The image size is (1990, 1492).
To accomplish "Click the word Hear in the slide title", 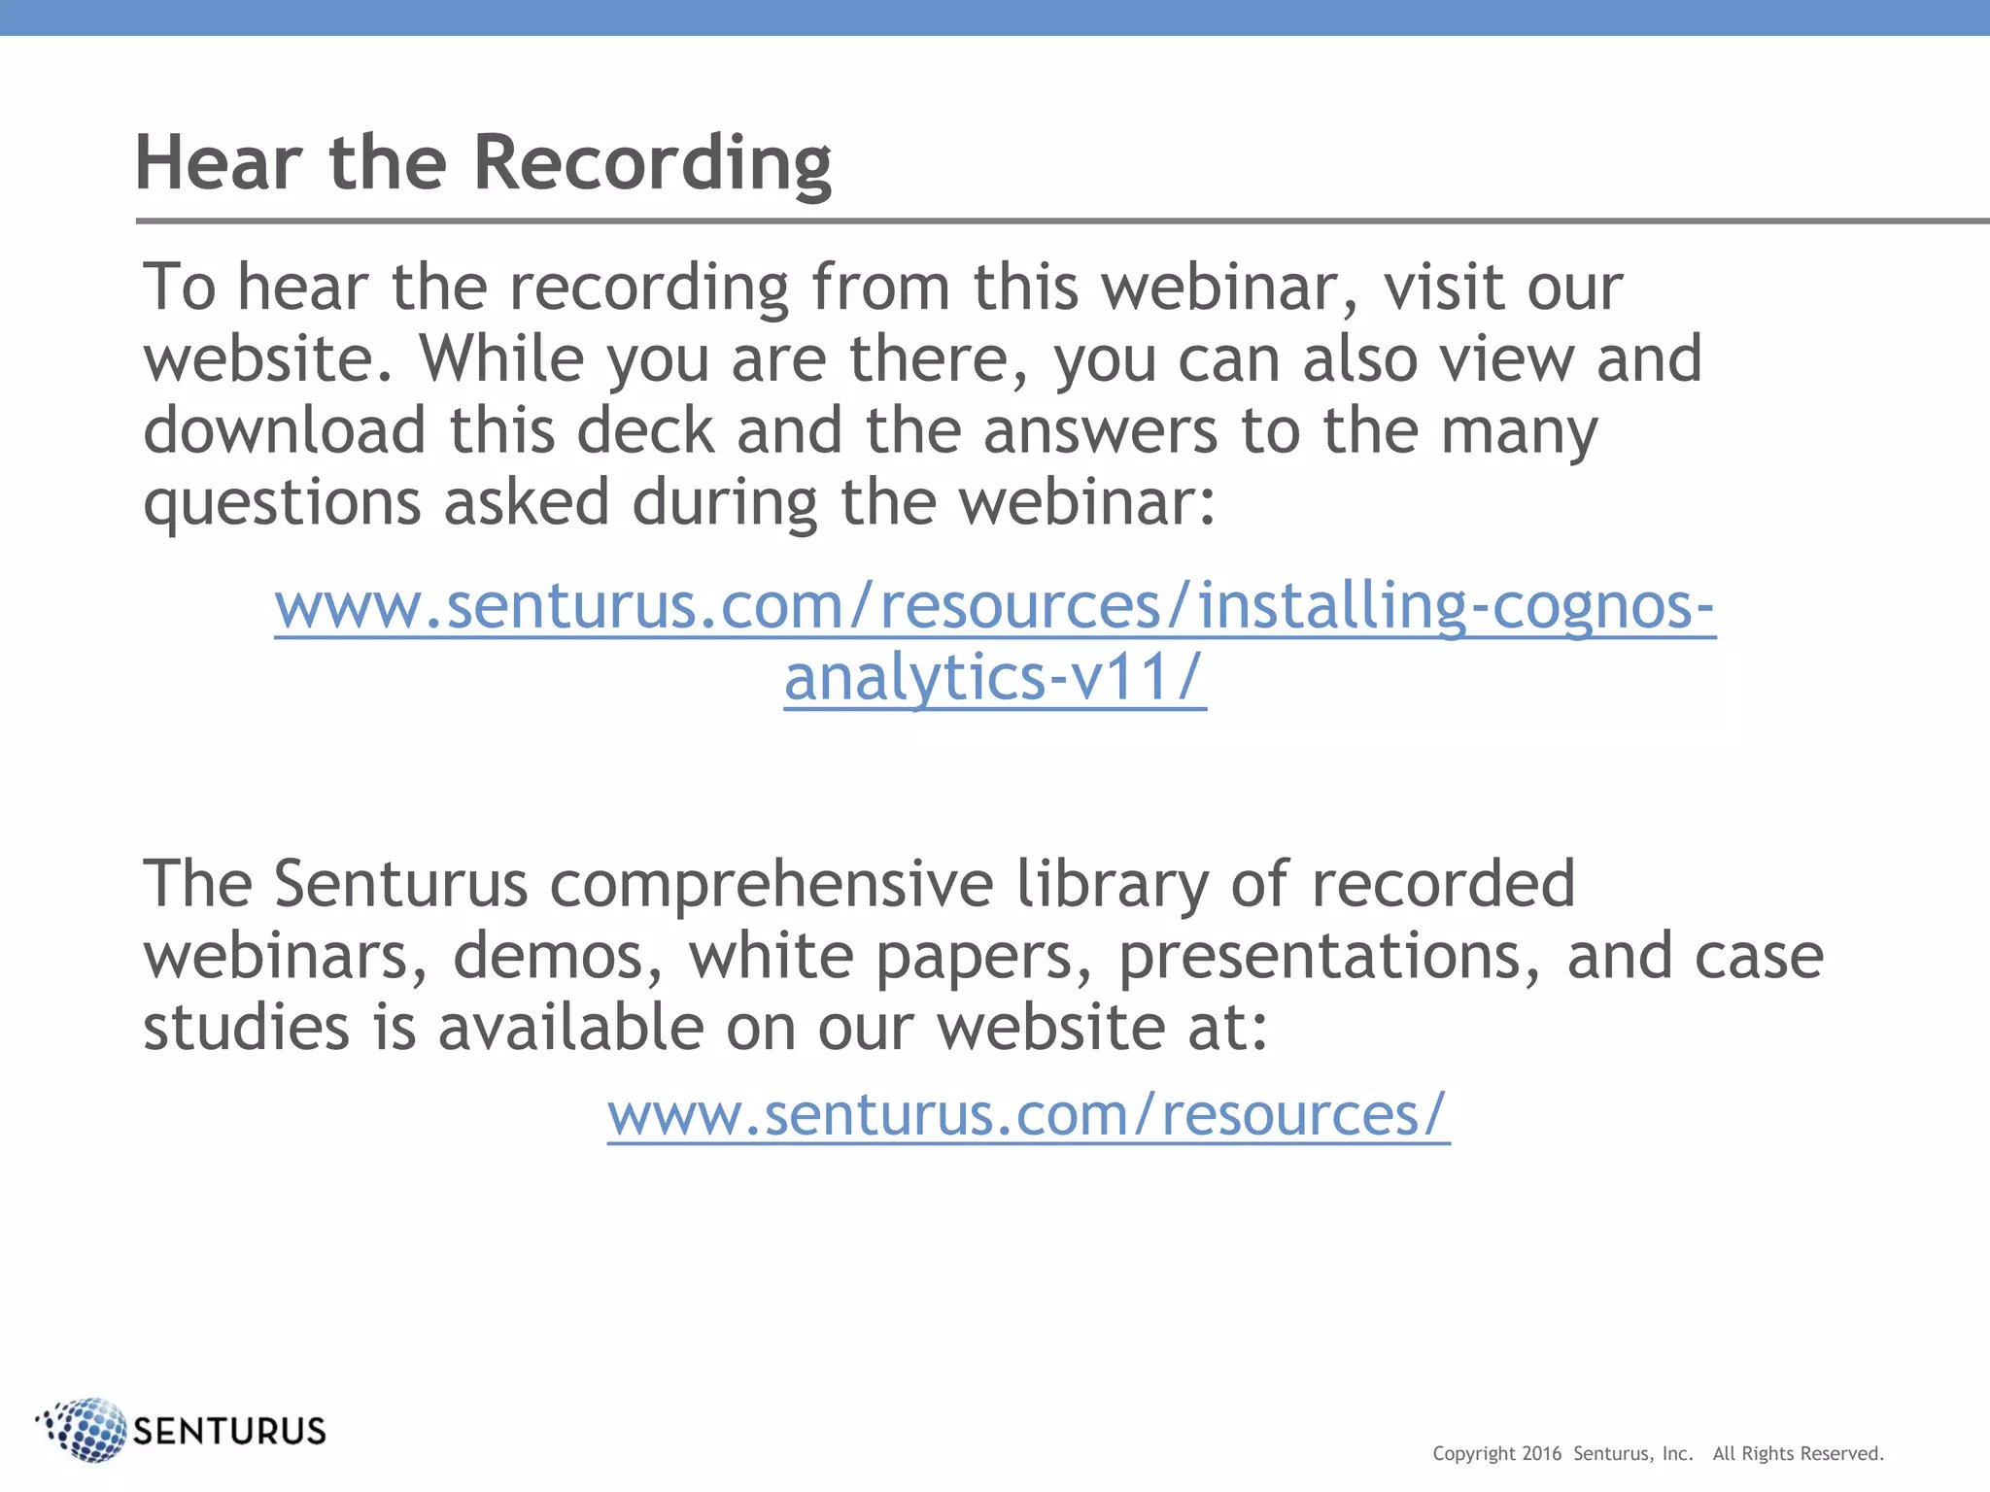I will pos(218,162).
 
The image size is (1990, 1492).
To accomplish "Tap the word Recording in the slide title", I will pos(652,164).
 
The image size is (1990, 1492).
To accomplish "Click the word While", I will pos(501,358).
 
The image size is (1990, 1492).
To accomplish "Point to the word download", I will pos(285,430).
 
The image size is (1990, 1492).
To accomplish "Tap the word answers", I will pos(1100,430).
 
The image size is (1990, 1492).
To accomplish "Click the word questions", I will pos(282,504).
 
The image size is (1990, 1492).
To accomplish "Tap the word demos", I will pos(558,956).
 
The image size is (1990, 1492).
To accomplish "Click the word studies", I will pos(246,1028).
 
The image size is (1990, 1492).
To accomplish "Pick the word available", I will pos(571,1028).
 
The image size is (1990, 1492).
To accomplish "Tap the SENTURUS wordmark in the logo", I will pos(229,1431).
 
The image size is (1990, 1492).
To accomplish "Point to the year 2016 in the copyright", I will pos(1541,1453).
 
